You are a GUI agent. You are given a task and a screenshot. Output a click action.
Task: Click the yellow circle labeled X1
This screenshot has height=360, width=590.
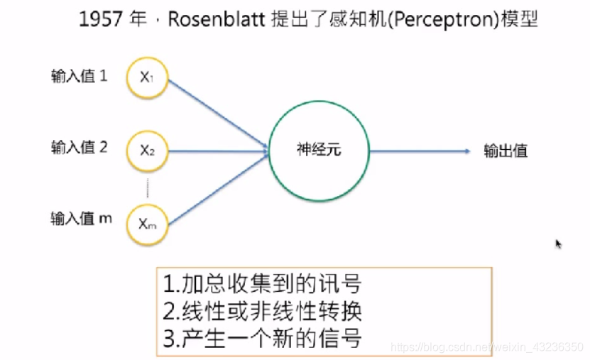coord(147,77)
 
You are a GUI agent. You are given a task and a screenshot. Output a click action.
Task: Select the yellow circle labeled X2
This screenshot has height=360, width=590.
coord(147,150)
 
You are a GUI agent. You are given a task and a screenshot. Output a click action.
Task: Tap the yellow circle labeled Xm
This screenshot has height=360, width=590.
coord(147,224)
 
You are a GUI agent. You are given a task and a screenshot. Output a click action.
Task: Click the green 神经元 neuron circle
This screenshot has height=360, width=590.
coord(319,150)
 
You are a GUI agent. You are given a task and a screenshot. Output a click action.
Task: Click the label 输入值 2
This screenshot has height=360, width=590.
coord(79,147)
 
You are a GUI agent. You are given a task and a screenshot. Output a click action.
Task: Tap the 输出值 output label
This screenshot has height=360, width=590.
coord(506,151)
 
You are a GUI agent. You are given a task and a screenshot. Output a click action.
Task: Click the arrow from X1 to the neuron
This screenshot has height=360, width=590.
coord(217,113)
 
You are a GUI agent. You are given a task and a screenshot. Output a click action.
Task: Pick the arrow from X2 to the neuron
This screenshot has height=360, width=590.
coord(217,150)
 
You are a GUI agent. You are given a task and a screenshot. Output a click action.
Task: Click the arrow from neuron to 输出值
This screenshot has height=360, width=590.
coord(419,151)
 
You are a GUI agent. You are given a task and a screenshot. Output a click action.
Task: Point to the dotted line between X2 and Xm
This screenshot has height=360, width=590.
coord(147,187)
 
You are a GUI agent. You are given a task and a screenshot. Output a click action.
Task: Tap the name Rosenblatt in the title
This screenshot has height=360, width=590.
coord(217,19)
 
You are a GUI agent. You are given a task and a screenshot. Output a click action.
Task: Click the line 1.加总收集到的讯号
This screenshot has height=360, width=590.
coord(262,285)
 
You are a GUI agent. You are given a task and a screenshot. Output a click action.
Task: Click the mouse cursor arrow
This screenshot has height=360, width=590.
coord(559,244)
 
